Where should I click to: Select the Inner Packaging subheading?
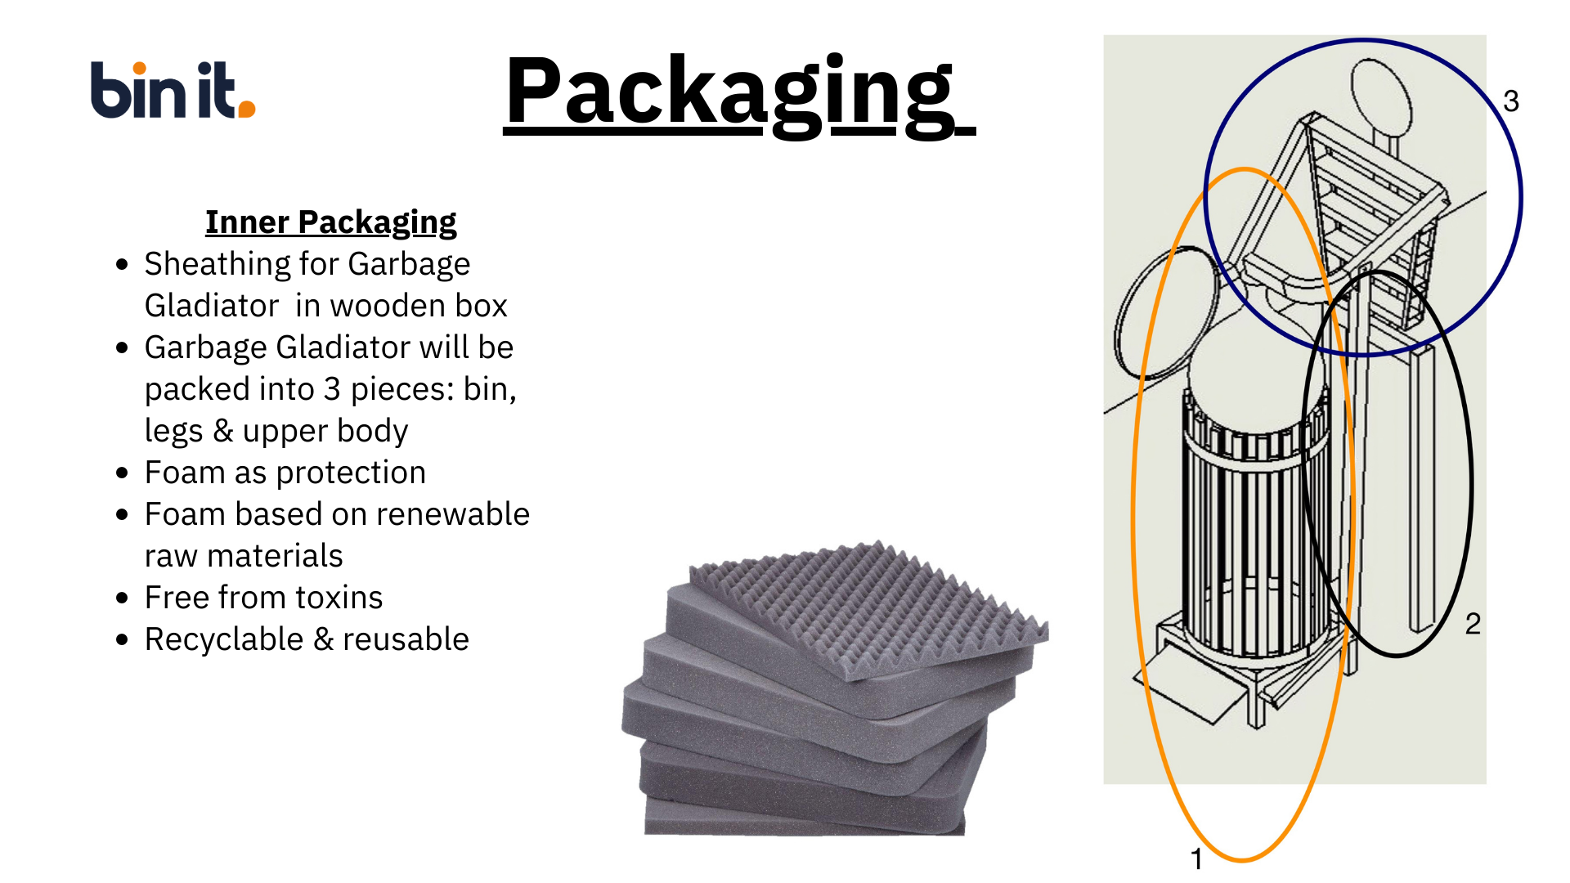330,222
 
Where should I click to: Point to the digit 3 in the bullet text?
331,389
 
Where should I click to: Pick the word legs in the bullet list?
173,431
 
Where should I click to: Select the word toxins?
339,598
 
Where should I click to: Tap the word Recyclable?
223,639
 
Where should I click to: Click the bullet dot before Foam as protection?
123,473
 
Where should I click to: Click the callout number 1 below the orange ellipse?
1196,859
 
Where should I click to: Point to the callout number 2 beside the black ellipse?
1473,624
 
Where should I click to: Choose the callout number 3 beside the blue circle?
1511,101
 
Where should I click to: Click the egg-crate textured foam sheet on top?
867,605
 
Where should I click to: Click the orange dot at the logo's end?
246,109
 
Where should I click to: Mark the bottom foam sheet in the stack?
805,818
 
